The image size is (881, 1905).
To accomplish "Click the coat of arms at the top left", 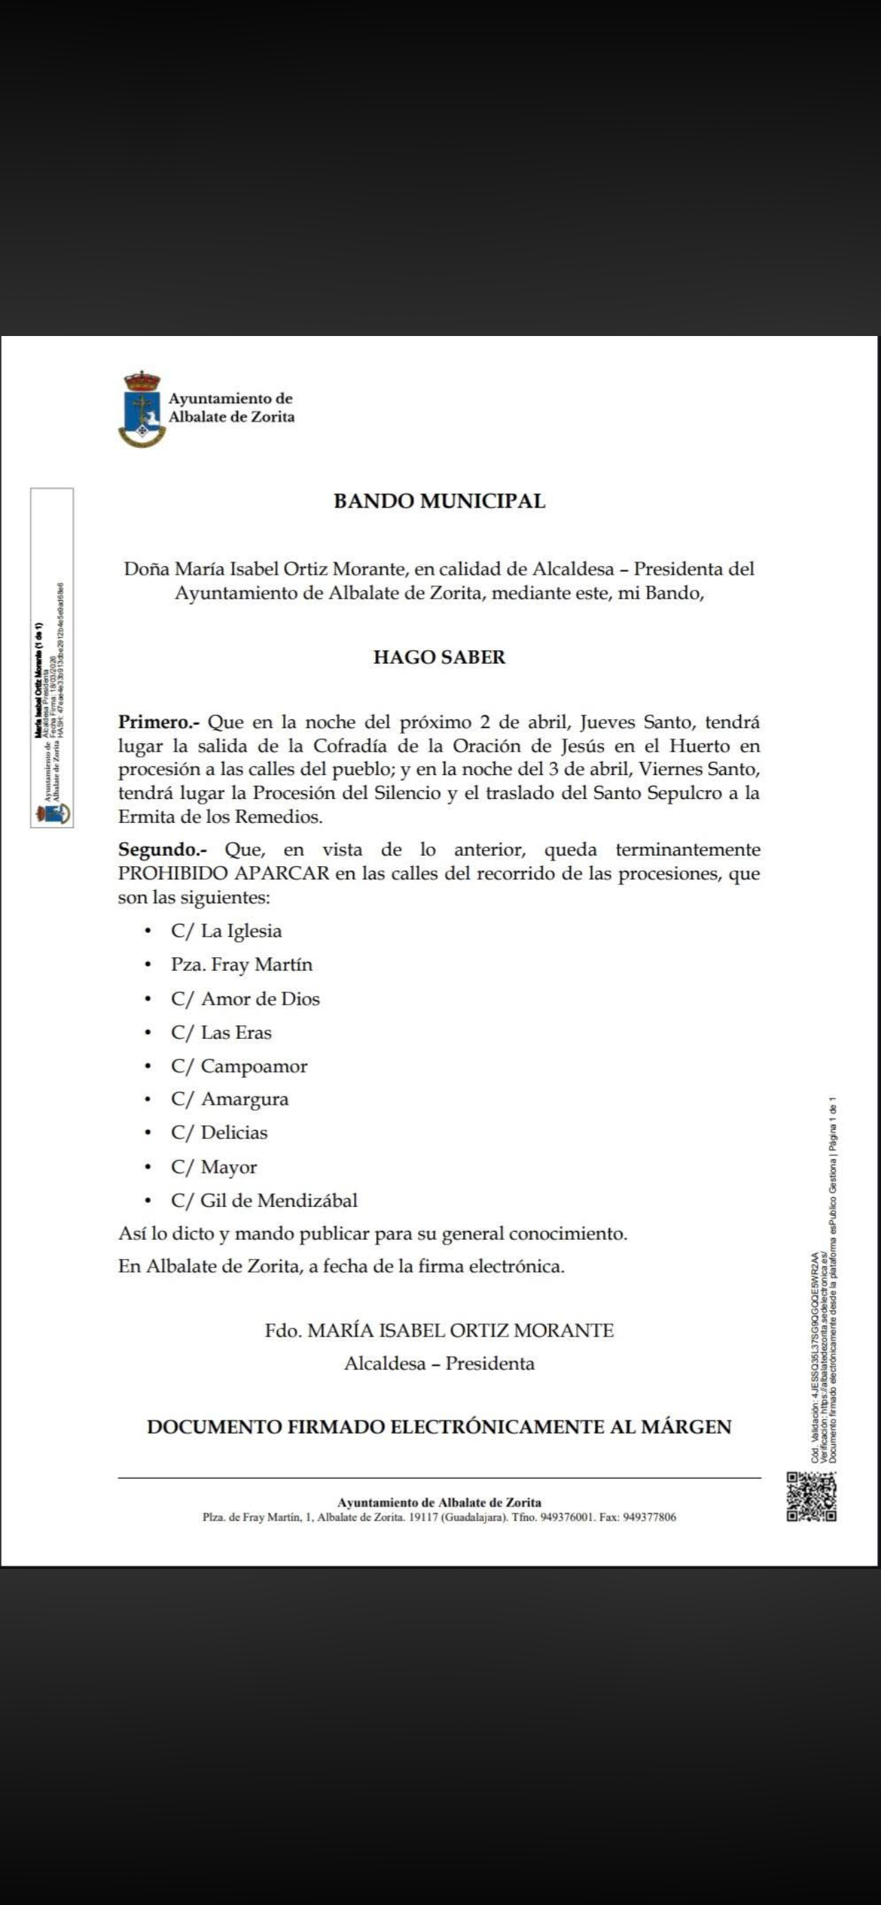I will coord(142,409).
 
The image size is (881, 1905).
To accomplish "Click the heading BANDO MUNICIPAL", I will coord(439,501).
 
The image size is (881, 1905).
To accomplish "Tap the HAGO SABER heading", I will coord(439,658).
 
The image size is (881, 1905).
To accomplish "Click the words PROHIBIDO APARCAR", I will coord(224,874).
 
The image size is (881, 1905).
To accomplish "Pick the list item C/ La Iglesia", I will coord(226,931).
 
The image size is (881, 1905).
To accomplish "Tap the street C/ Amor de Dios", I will coord(246,998).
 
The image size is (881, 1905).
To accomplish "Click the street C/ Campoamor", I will coord(239,1066).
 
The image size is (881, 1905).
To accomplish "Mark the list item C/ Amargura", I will coord(229,1100).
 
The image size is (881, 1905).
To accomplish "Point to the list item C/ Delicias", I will coord(219,1133).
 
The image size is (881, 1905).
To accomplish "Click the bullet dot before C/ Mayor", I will coord(149,1167).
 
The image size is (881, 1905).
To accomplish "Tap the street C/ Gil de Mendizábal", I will coord(264,1200).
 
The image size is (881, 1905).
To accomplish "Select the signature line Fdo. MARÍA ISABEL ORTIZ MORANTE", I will coord(439,1330).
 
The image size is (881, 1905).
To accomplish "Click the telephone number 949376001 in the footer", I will coord(568,1517).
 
